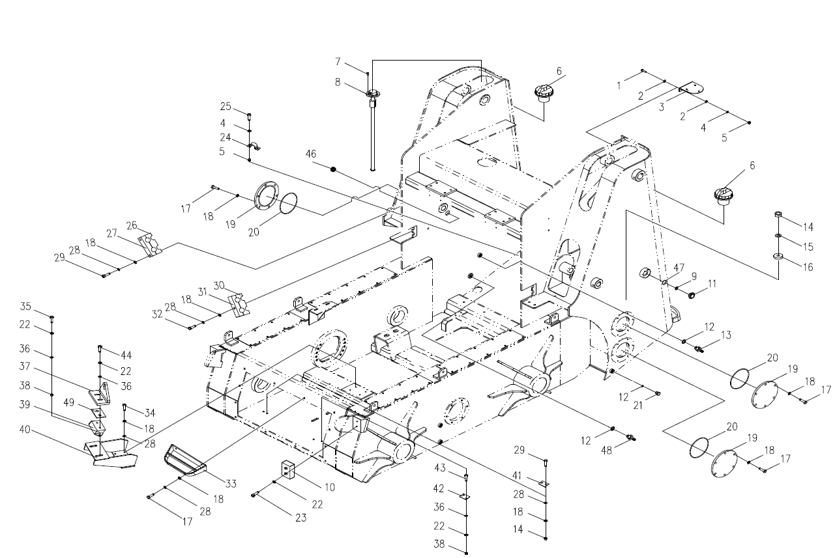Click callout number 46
tap(311, 154)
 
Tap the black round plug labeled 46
tap(333, 170)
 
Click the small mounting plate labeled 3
tap(690, 89)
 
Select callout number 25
tap(226, 106)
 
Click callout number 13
tap(725, 335)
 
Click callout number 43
tap(440, 468)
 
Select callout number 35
tap(25, 306)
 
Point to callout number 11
tap(712, 284)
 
